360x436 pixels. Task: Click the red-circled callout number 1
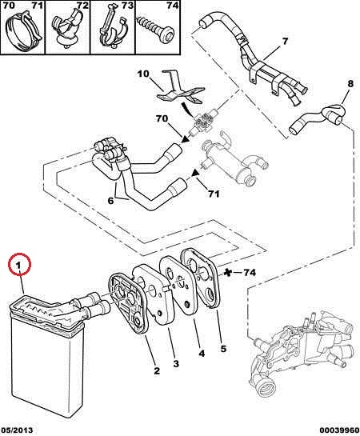pyautogui.click(x=18, y=266)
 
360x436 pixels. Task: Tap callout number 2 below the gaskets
pyautogui.click(x=157, y=370)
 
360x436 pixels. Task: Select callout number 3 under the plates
pyautogui.click(x=176, y=363)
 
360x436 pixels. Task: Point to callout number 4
pyautogui.click(x=202, y=354)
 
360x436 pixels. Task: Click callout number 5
pyautogui.click(x=223, y=349)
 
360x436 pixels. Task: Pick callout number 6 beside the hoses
pyautogui.click(x=110, y=200)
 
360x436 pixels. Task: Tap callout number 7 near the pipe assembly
pyautogui.click(x=285, y=42)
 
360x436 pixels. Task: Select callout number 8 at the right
pyautogui.click(x=350, y=83)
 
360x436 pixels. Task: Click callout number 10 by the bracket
pyautogui.click(x=143, y=74)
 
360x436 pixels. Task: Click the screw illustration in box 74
pyautogui.click(x=156, y=29)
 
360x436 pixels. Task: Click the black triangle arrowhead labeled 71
pyautogui.click(x=196, y=173)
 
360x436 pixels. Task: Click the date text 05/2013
pyautogui.click(x=17, y=430)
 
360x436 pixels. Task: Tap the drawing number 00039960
pyautogui.click(x=339, y=430)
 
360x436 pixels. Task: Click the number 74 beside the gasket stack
pyautogui.click(x=250, y=273)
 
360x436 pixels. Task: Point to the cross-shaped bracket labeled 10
pyautogui.click(x=181, y=89)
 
